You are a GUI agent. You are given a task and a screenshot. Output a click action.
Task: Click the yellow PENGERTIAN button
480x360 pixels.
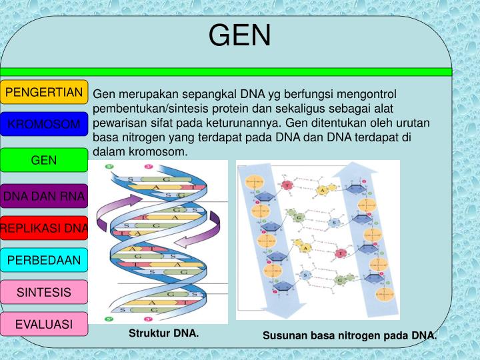(44, 92)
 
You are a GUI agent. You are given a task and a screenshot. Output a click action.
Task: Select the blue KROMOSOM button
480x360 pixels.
(44, 125)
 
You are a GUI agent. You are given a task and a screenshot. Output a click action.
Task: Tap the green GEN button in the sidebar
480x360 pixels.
(44, 160)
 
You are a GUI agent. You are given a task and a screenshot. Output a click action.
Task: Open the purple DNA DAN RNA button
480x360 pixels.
(44, 196)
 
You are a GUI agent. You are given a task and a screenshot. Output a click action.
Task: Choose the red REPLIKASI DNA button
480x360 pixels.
(44, 228)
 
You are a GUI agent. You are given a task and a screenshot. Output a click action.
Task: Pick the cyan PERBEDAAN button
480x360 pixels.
(44, 260)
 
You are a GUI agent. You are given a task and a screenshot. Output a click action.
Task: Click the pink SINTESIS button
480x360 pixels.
(44, 292)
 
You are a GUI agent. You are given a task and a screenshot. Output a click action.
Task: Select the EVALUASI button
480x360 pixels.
(44, 324)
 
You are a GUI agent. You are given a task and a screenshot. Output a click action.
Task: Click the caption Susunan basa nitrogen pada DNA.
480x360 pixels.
(349, 335)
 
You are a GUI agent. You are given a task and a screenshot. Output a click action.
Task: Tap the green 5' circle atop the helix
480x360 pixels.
(109, 168)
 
